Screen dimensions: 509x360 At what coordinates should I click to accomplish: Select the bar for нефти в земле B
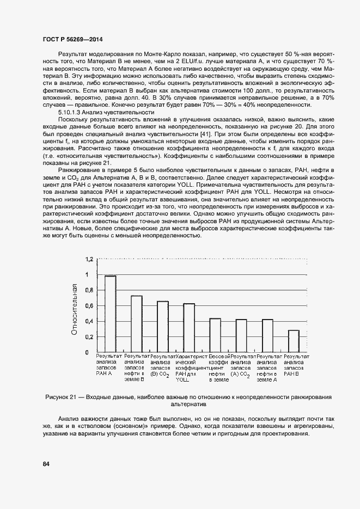[x=136, y=324]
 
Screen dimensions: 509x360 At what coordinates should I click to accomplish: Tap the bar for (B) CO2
[x=163, y=327]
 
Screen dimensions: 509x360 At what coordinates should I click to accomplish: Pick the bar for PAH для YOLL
[x=189, y=328]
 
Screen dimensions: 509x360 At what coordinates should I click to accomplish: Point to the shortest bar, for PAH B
[x=294, y=341]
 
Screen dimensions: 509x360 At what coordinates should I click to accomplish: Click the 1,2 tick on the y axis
[x=90, y=259]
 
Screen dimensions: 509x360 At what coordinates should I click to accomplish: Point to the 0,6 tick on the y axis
[x=90, y=305]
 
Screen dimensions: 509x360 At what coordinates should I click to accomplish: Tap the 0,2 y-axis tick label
[x=90, y=336]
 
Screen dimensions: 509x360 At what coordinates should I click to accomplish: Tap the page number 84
[x=46, y=464]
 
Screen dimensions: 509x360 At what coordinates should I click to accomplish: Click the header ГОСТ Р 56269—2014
[x=72, y=40]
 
